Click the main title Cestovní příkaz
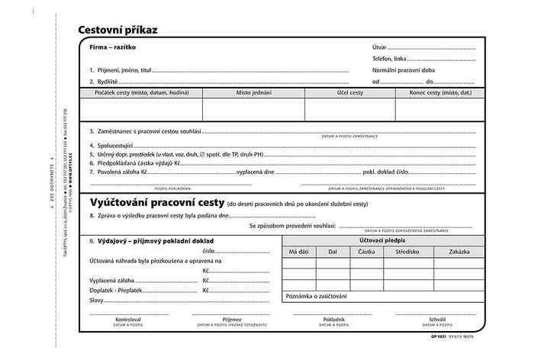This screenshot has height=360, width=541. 130,31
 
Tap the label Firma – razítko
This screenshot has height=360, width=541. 112,47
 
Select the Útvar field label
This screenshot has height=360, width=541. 380,47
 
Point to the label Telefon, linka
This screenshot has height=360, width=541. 390,59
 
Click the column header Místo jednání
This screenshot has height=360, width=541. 253,92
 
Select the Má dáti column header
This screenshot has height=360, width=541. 298,251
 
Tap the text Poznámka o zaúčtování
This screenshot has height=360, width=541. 316,296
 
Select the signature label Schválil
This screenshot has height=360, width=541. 436,319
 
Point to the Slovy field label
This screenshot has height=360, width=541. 97,301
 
